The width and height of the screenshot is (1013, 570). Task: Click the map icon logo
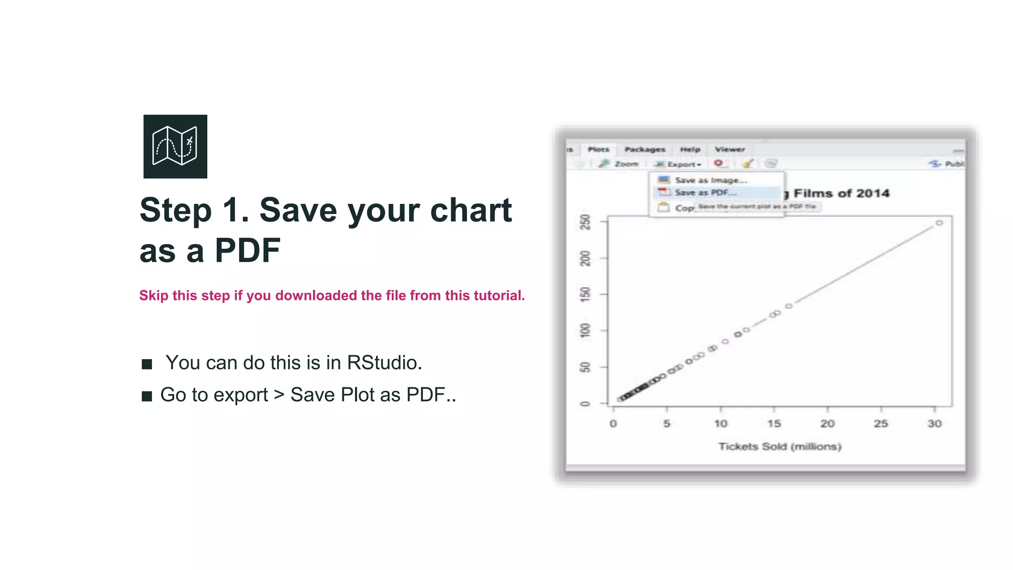[x=175, y=146]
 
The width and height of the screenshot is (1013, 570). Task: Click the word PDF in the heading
[x=247, y=250]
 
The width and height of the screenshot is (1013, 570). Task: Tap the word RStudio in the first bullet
[x=383, y=363]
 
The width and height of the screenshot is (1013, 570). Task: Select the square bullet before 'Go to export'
[x=147, y=396]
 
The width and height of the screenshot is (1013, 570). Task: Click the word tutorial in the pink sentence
[x=497, y=295]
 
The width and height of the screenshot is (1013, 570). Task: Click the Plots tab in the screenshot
[x=598, y=149]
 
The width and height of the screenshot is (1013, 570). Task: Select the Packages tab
[x=645, y=149]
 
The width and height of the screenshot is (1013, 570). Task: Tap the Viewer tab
[x=730, y=149]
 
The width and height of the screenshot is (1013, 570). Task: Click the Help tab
[x=690, y=149]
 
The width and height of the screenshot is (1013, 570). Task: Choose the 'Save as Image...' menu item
[x=710, y=180]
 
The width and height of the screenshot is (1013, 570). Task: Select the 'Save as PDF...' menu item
[x=705, y=192]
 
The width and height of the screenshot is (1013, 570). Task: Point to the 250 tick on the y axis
[x=586, y=222]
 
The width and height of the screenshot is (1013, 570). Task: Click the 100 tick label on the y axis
[x=586, y=330]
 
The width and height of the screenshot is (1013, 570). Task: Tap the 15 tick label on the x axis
[x=774, y=424]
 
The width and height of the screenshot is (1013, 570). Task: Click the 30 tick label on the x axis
[x=934, y=424]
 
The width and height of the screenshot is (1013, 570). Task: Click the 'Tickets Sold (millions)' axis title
[x=780, y=447]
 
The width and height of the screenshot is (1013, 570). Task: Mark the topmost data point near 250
[x=939, y=223]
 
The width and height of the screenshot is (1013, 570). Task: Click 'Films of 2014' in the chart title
[x=841, y=193]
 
